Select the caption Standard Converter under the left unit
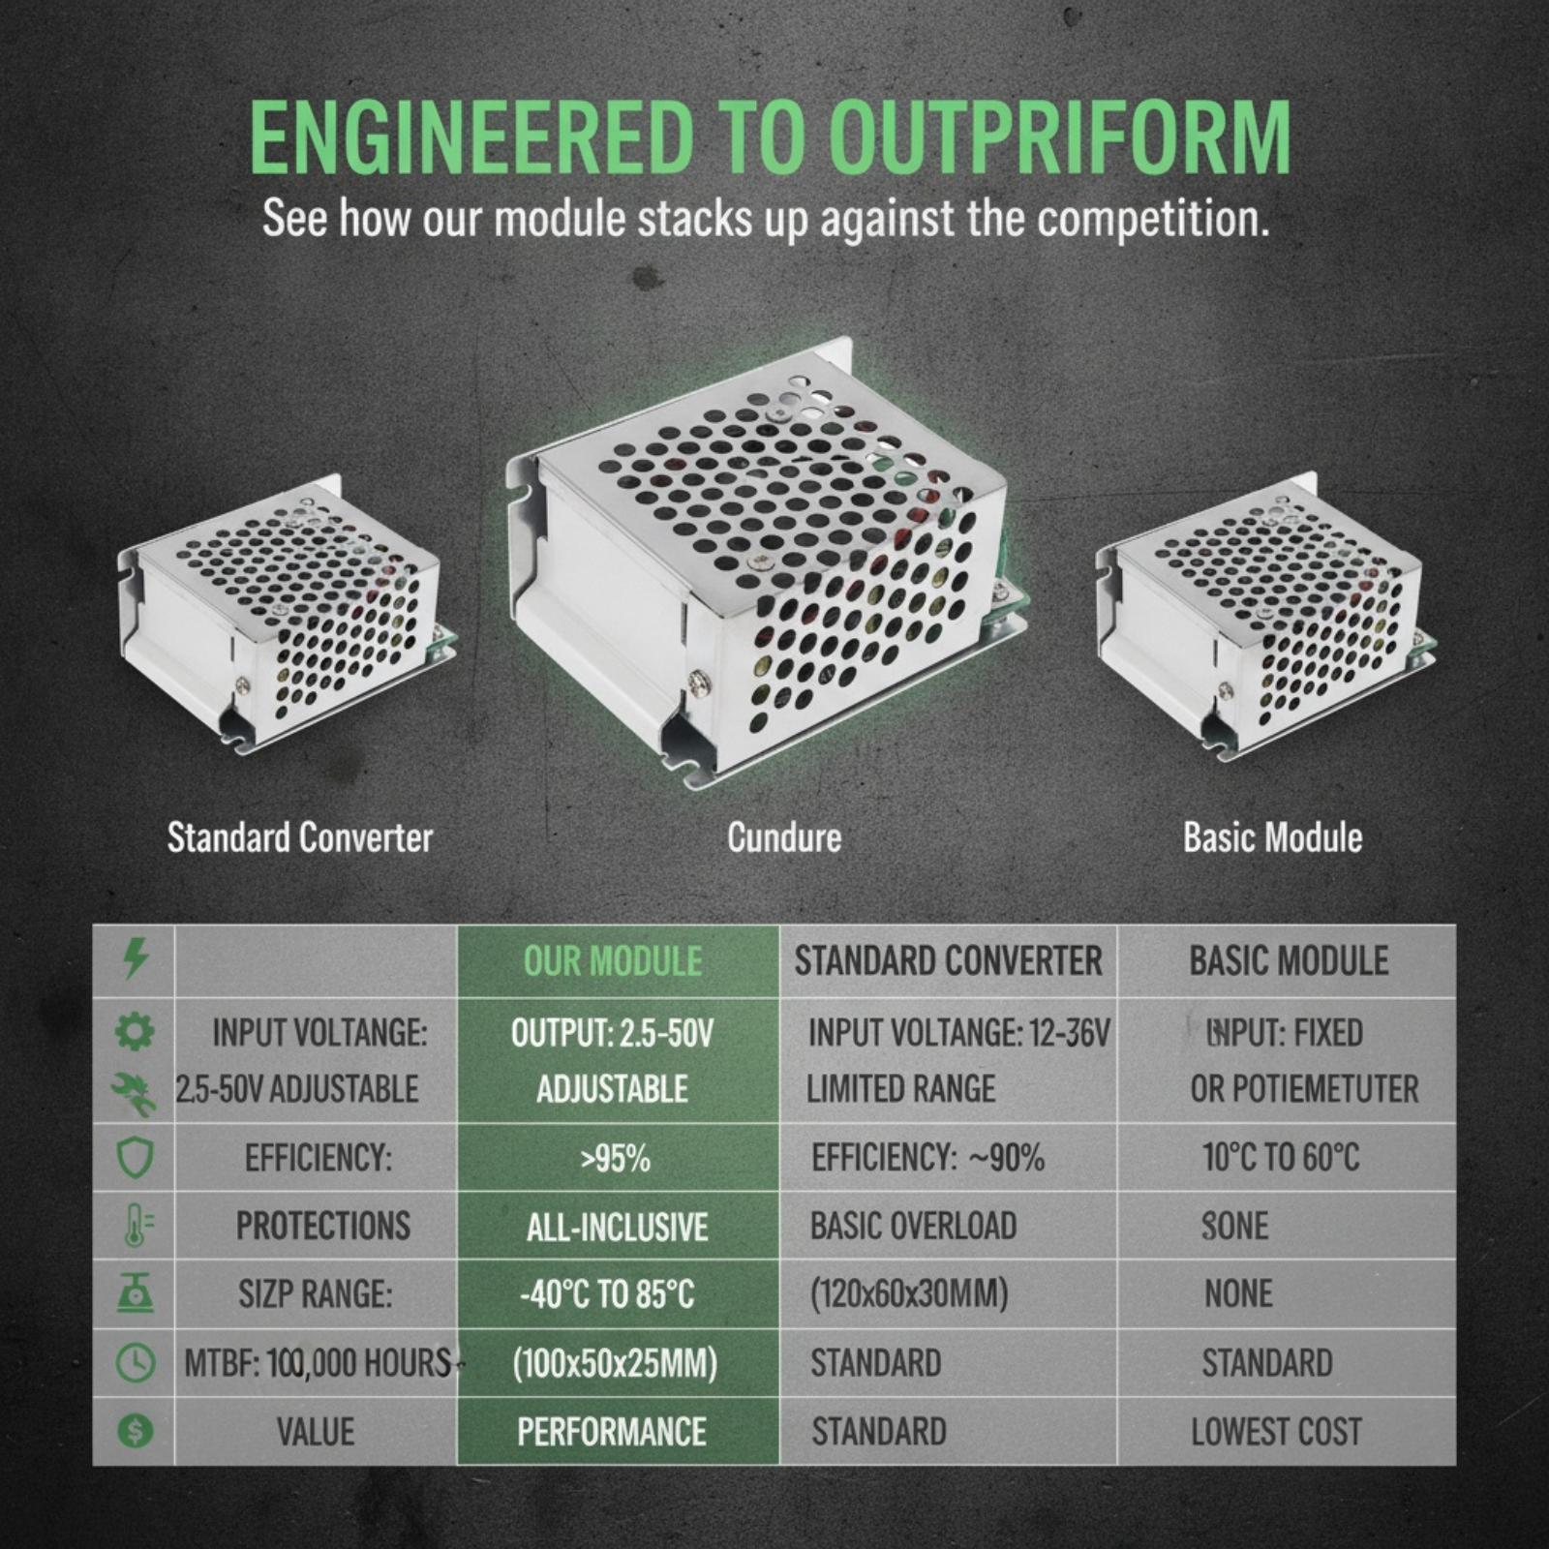point(300,837)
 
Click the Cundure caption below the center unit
point(784,837)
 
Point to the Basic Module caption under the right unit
point(1272,837)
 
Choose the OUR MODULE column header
point(613,961)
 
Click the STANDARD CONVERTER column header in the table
point(948,961)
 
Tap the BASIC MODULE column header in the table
point(1289,961)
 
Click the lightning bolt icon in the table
point(136,959)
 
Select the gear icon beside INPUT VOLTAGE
point(135,1032)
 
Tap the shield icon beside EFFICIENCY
point(135,1157)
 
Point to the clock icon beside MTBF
point(135,1363)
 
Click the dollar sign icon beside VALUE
point(135,1431)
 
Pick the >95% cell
point(615,1159)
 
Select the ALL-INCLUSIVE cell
point(617,1228)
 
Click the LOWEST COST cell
point(1276,1432)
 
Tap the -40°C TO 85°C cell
point(607,1295)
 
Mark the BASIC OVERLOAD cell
point(914,1227)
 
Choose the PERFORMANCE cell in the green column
point(612,1432)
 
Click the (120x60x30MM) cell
point(909,1294)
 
